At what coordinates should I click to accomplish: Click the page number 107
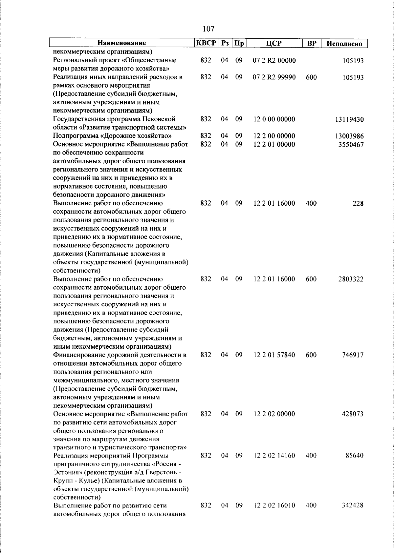(x=208, y=29)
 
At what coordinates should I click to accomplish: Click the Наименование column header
(x=121, y=43)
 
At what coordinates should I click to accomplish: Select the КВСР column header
(x=206, y=43)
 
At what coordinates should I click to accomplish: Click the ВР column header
(x=311, y=43)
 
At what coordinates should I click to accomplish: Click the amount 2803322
(x=351, y=279)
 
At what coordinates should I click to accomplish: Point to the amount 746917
(x=352, y=355)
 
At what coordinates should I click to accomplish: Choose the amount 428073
(x=352, y=414)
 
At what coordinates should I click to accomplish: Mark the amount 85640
(x=354, y=456)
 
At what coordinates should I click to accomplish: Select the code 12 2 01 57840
(x=274, y=355)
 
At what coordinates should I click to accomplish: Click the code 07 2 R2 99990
(x=274, y=77)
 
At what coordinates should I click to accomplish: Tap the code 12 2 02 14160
(x=274, y=456)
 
